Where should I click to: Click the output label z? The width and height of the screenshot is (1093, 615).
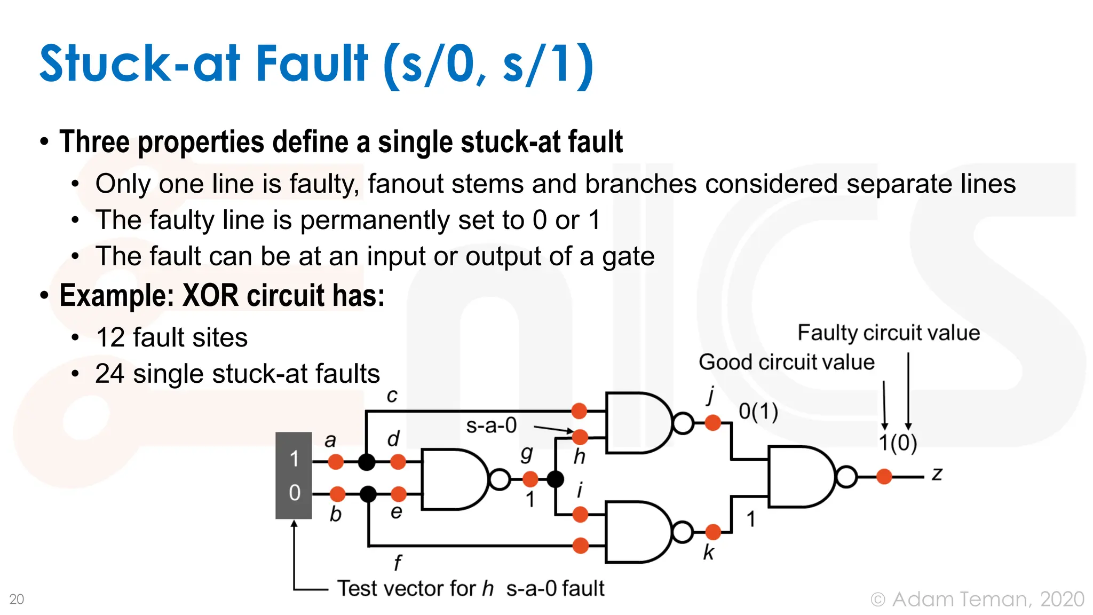pyautogui.click(x=937, y=474)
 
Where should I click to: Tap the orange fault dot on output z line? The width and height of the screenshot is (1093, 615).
pyautogui.click(x=884, y=476)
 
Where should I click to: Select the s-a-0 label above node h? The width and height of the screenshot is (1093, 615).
pyautogui.click(x=491, y=425)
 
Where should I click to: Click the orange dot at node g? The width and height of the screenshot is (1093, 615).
pyautogui.click(x=530, y=479)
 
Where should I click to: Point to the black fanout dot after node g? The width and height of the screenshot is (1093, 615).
pyautogui.click(x=555, y=479)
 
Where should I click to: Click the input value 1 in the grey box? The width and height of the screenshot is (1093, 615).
pyautogui.click(x=294, y=459)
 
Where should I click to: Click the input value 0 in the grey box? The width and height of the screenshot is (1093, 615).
pyautogui.click(x=294, y=493)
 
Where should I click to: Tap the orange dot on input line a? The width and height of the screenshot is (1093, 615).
pyautogui.click(x=336, y=461)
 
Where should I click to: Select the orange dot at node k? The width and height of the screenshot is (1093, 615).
pyautogui.click(x=713, y=532)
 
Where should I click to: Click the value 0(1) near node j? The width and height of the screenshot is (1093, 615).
pyautogui.click(x=758, y=412)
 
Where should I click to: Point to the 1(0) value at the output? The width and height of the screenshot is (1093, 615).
pyautogui.click(x=898, y=443)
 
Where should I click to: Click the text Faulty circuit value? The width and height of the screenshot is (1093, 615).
pyautogui.click(x=888, y=333)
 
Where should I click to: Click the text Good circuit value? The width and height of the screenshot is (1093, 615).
pyautogui.click(x=786, y=362)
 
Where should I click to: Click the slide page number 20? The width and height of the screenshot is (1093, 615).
pyautogui.click(x=17, y=599)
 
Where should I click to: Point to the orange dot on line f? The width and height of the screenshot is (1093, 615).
pyautogui.click(x=580, y=546)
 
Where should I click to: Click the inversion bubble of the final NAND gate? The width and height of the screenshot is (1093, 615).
pyautogui.click(x=846, y=477)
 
